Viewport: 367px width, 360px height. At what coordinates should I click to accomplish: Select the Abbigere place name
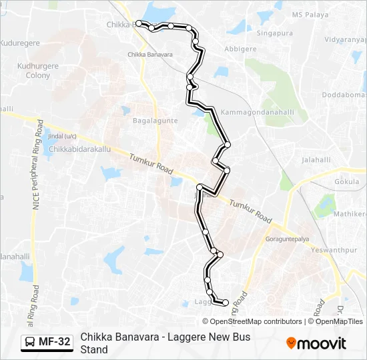click(240, 49)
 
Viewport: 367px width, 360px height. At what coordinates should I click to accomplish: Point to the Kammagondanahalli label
click(257, 111)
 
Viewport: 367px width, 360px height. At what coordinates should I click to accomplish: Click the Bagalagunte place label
click(155, 121)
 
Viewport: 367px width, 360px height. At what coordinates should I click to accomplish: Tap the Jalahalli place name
click(316, 160)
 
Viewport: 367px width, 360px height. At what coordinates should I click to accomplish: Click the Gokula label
click(346, 181)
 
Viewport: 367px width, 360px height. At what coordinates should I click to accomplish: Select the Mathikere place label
click(350, 214)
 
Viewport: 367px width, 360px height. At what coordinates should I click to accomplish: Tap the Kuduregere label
click(20, 42)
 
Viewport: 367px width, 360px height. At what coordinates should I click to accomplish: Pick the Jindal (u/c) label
click(61, 137)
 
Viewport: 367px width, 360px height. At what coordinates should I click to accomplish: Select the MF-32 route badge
click(47, 342)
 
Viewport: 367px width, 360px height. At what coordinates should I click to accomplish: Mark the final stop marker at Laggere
click(226, 303)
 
